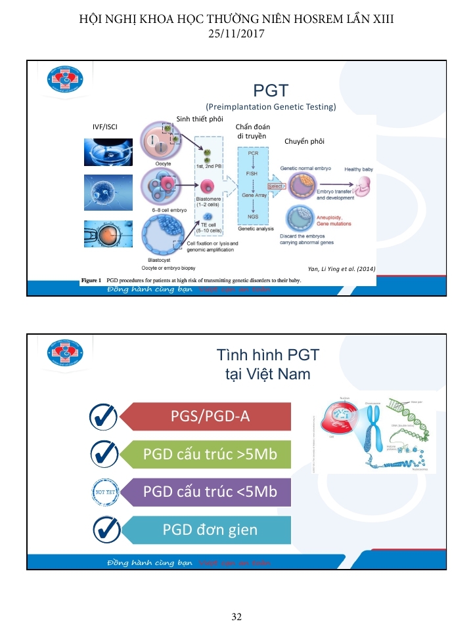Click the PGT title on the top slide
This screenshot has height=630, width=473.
point(271,90)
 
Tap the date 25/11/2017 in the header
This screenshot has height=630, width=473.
point(236,32)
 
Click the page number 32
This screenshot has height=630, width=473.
point(236,616)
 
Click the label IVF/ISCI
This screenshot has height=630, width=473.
point(105,126)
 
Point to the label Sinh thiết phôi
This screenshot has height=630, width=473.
point(200,118)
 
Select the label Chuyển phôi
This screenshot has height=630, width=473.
point(304,141)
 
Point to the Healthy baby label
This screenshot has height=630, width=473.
point(358,169)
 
